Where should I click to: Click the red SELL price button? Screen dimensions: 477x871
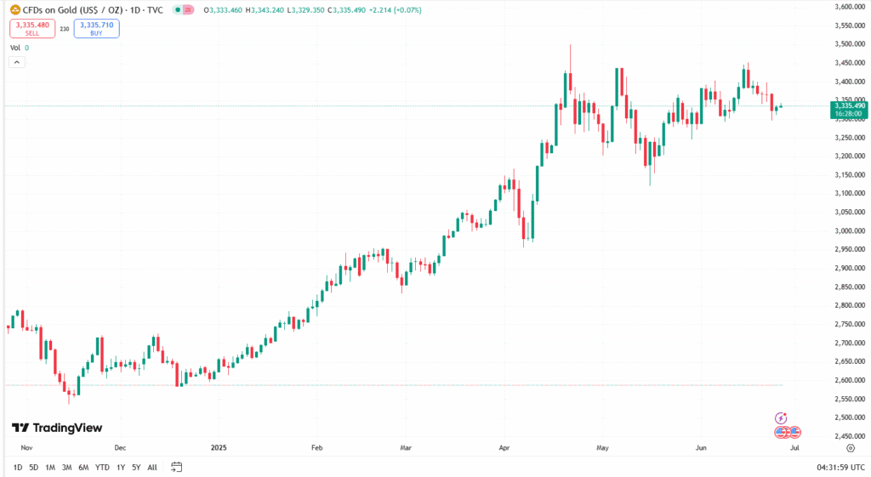pos(32,29)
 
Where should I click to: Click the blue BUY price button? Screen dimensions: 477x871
pos(96,29)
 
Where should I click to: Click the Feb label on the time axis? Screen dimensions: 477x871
pos(317,446)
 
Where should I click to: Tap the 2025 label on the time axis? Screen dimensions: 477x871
pos(219,446)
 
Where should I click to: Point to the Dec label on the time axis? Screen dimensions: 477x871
pos(120,446)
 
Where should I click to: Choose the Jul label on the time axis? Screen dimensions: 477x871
pos(794,446)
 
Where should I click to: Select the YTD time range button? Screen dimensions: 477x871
pos(102,467)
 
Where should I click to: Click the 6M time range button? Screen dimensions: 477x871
pos(83,467)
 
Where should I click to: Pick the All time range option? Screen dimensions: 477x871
pos(152,467)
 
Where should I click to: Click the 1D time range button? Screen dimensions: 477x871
pos(18,467)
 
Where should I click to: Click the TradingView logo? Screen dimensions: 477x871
pos(57,429)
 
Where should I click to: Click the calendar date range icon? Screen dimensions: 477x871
pos(177,467)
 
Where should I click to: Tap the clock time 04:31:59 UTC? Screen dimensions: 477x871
pos(839,467)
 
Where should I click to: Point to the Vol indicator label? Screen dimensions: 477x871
pos(15,48)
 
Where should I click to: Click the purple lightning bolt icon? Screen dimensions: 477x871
pos(781,418)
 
